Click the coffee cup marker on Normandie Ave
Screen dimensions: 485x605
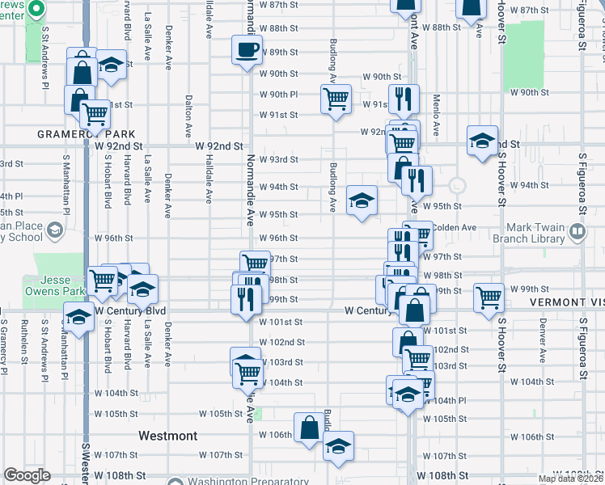247,50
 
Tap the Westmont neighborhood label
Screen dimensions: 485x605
167,436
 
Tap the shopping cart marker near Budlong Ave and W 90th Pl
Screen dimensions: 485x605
336,99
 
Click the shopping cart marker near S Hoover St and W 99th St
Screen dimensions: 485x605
489,297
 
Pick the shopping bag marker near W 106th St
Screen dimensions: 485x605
309,427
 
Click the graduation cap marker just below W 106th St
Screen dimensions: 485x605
338,445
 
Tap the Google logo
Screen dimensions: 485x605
27,475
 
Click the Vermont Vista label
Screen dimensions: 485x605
567,302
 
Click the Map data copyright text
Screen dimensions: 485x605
571,479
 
